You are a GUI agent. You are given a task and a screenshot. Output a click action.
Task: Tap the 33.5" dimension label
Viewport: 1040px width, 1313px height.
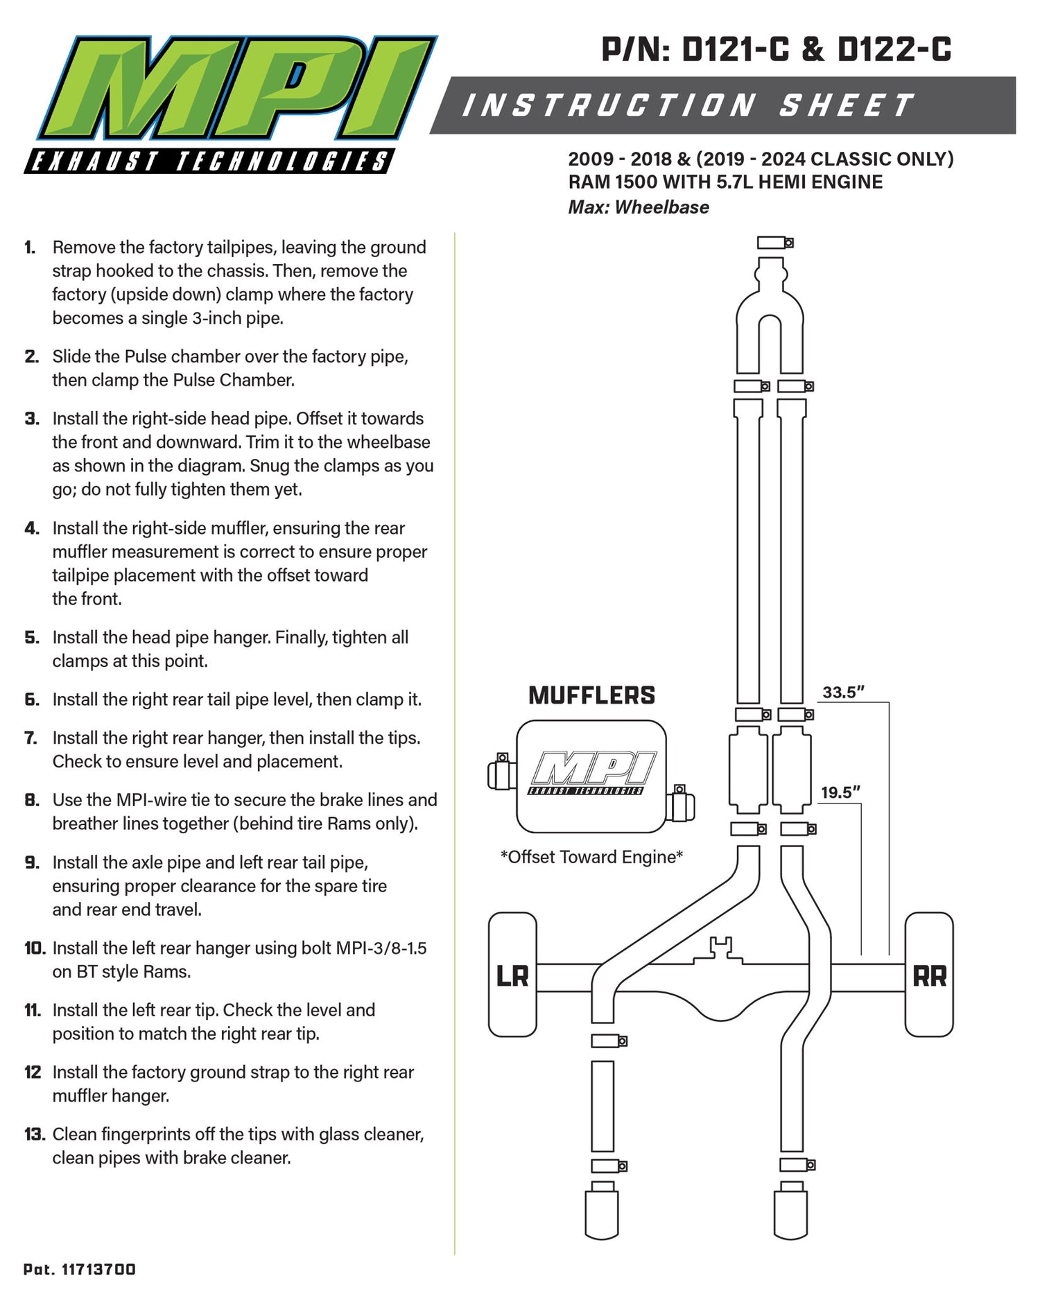[x=843, y=692]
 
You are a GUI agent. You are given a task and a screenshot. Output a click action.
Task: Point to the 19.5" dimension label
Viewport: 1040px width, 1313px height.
[x=840, y=792]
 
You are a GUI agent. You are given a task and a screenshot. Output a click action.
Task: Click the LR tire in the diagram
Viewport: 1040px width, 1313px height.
[x=512, y=975]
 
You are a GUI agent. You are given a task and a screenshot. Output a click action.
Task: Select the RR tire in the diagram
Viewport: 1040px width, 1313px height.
[x=929, y=975]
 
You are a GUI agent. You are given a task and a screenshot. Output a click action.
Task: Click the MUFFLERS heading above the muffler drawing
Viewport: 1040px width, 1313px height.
[x=591, y=695]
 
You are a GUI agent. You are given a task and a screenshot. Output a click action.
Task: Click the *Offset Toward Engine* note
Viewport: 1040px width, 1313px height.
[x=591, y=857]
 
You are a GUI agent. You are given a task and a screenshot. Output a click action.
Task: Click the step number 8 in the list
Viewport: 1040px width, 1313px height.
[x=32, y=800]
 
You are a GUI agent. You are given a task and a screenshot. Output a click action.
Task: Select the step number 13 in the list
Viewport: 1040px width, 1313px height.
[x=35, y=1134]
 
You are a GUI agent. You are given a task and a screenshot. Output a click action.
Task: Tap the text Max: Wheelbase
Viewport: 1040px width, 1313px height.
[x=639, y=207]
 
